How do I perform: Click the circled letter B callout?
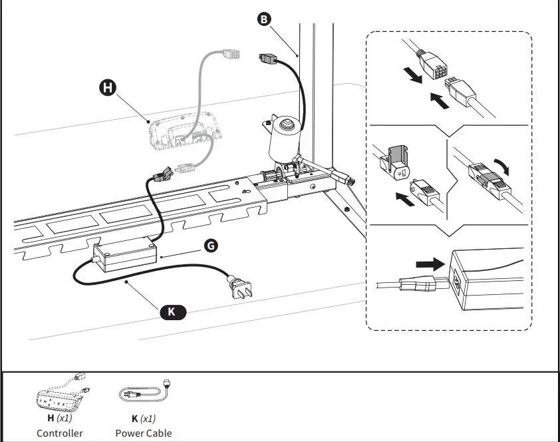(x=264, y=19)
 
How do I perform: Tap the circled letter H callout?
(x=106, y=87)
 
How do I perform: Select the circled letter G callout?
(x=210, y=246)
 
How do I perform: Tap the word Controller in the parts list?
(x=60, y=433)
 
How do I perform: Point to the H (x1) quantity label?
(x=60, y=419)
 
